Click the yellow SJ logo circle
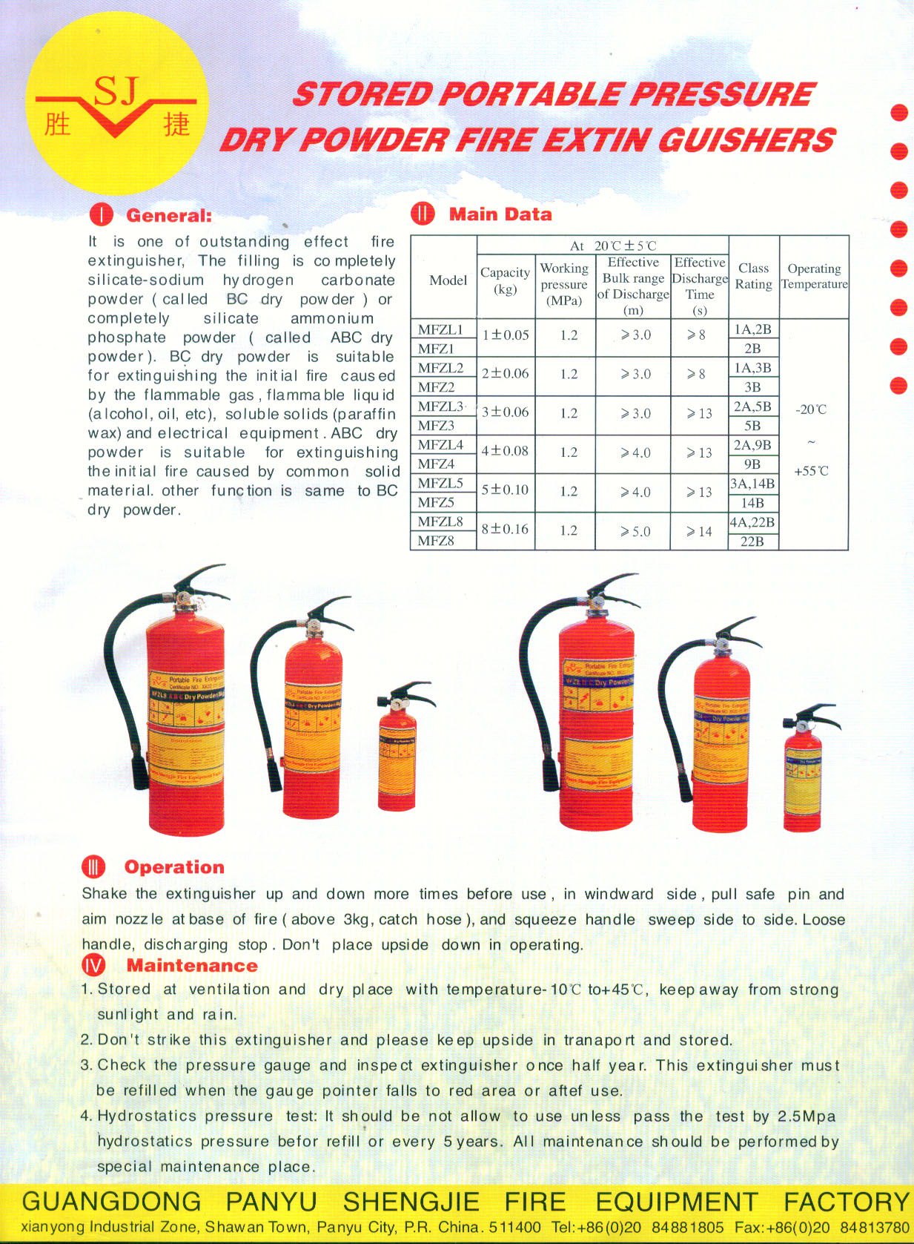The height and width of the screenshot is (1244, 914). click(x=116, y=104)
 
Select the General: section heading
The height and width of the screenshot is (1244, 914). click(x=168, y=216)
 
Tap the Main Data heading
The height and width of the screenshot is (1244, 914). click(x=500, y=214)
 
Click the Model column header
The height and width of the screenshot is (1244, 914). click(x=448, y=280)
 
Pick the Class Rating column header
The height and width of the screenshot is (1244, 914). click(x=753, y=276)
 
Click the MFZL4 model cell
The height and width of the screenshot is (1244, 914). click(x=440, y=444)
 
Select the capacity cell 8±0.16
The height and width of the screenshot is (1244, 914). click(x=505, y=529)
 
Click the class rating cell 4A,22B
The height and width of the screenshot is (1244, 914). click(x=752, y=522)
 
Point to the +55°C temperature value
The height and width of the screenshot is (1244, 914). click(x=811, y=471)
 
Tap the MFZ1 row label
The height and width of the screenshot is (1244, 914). click(x=436, y=348)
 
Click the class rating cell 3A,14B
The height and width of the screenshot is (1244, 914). click(x=752, y=484)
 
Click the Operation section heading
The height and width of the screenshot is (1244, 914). click(x=174, y=867)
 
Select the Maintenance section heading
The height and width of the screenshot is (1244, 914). click(x=192, y=965)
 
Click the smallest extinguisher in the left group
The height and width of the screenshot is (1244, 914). click(x=398, y=749)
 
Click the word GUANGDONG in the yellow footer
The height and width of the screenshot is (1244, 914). click(x=111, y=1201)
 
